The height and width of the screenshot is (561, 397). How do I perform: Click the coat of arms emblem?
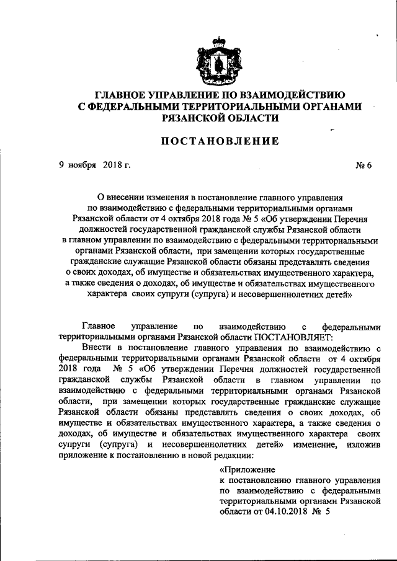pos(218,58)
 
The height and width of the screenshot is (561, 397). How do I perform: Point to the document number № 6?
pos(365,166)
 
